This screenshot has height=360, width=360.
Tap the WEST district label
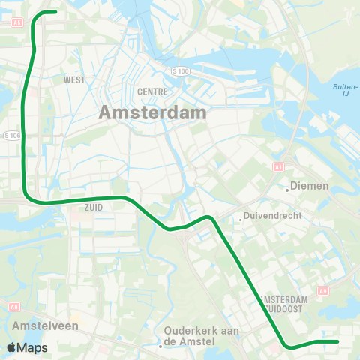pos(73,79)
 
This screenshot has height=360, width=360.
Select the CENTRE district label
pos(147,91)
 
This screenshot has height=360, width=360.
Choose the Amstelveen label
pos(39,326)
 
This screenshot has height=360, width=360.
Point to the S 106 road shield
pos(12,136)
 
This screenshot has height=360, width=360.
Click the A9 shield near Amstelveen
pos(13,306)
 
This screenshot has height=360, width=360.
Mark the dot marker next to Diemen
pos(287,190)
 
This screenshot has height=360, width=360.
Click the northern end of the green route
pos(55,11)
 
